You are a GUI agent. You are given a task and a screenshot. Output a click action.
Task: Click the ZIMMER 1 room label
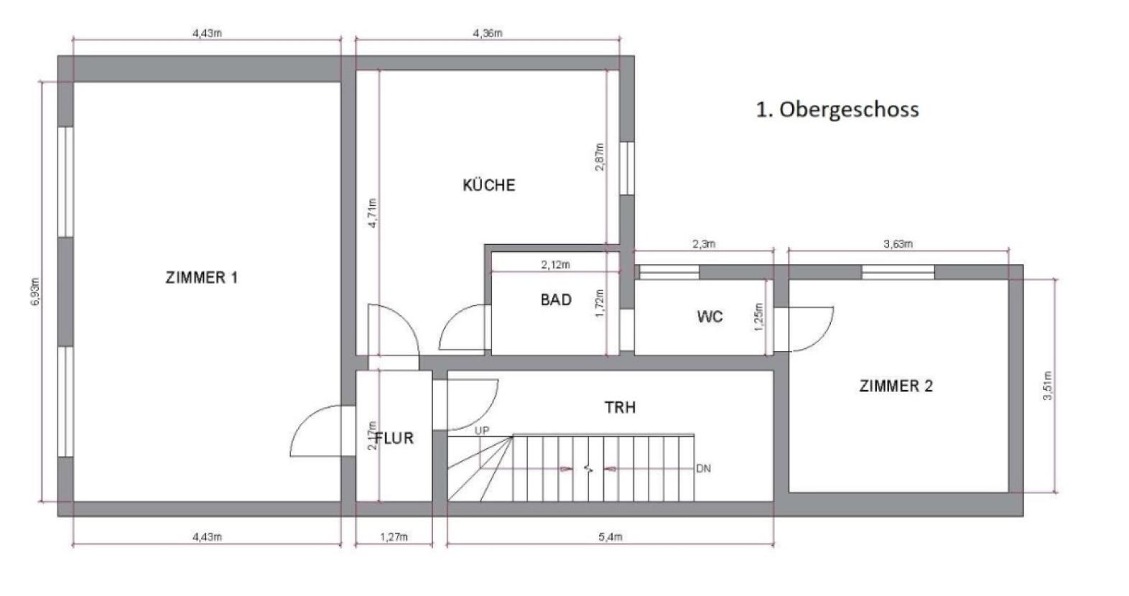pyautogui.click(x=201, y=278)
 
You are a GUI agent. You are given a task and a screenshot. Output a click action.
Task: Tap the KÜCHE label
pyautogui.click(x=488, y=185)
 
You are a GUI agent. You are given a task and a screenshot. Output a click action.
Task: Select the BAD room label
pyautogui.click(x=556, y=299)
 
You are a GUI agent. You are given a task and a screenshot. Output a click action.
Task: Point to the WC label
pyautogui.click(x=710, y=317)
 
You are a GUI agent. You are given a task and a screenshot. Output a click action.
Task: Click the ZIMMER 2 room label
pyautogui.click(x=896, y=386)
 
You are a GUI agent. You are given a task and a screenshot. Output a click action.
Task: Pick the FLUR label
pyautogui.click(x=394, y=437)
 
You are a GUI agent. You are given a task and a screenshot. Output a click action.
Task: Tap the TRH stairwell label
pyautogui.click(x=620, y=408)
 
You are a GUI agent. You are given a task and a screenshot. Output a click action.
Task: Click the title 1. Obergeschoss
pyautogui.click(x=837, y=110)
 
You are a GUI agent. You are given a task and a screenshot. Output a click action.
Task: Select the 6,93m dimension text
pyautogui.click(x=35, y=292)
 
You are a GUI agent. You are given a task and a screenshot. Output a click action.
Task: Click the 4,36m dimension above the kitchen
pyautogui.click(x=488, y=33)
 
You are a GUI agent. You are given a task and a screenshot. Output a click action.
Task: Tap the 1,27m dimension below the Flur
pyautogui.click(x=394, y=537)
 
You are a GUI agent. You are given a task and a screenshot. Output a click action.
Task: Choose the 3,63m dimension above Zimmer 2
pyautogui.click(x=898, y=244)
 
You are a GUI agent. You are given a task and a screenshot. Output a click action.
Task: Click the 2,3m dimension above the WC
pyautogui.click(x=704, y=244)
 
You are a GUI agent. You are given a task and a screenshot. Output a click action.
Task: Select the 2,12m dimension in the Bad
pyautogui.click(x=555, y=264)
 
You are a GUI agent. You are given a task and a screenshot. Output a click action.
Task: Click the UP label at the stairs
pyautogui.click(x=481, y=430)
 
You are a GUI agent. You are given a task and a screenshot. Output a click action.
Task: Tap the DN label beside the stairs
pyautogui.click(x=703, y=469)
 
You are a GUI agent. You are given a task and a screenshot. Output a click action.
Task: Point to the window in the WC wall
pyautogui.click(x=669, y=272)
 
